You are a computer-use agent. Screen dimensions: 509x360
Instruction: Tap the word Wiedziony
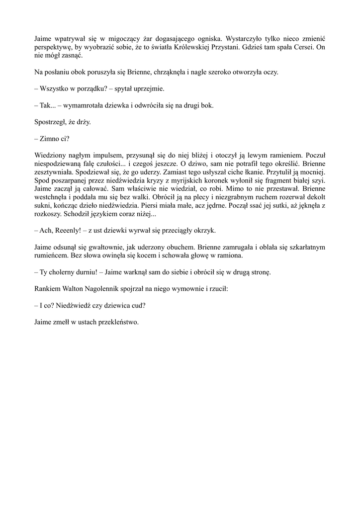point(50,156)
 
